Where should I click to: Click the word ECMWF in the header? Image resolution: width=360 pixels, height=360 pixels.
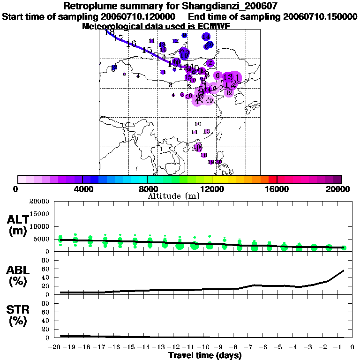214,26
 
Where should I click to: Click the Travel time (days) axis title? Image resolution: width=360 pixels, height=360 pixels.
205,356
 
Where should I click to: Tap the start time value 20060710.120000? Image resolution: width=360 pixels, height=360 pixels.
146,16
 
